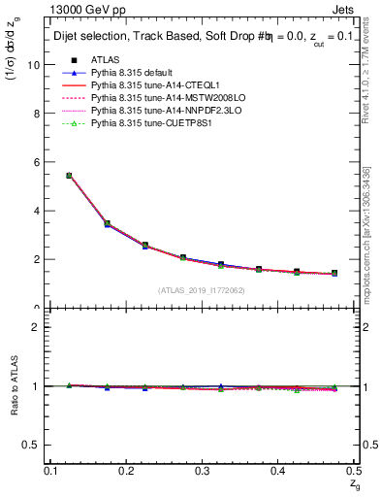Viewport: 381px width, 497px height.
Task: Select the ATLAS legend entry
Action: [x=107, y=60]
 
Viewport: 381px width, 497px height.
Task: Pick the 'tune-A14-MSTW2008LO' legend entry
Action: [x=157, y=99]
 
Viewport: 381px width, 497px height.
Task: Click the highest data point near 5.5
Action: [x=69, y=176]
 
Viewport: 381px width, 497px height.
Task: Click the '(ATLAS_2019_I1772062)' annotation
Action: [x=202, y=289]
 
